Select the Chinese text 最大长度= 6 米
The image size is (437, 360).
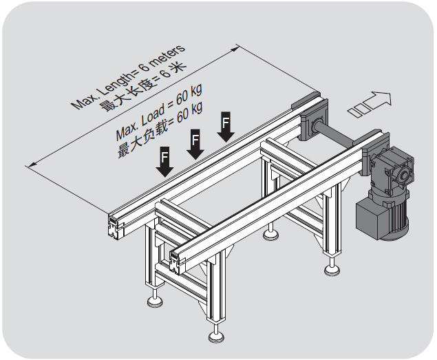(142, 87)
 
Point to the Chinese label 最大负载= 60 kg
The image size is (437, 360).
(160, 130)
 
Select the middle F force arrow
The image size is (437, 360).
(195, 144)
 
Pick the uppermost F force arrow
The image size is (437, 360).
(226, 127)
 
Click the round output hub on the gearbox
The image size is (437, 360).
(403, 175)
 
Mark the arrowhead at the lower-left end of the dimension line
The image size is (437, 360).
(31, 165)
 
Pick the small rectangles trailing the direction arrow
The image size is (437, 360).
(359, 110)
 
